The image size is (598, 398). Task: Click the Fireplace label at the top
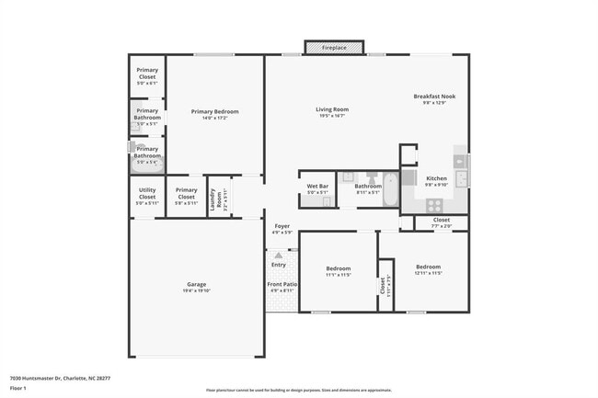[x=335, y=47]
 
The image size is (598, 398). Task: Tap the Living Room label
[x=333, y=109]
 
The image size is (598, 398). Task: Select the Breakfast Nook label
[x=434, y=97]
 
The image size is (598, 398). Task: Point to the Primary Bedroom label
[x=209, y=111]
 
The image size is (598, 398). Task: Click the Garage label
[x=196, y=284]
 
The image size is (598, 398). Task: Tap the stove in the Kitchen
[x=434, y=204]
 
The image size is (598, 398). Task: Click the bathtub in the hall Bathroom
[x=389, y=190]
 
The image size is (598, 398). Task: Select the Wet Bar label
[x=317, y=187]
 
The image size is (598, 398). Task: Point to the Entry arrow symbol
[x=278, y=254]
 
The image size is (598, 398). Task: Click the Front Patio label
[x=282, y=286]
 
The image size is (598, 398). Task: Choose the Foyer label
[x=282, y=226]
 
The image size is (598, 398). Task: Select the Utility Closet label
[x=147, y=194]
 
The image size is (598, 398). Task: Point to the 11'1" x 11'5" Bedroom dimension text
[x=338, y=275]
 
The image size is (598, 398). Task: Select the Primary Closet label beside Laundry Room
[x=186, y=194]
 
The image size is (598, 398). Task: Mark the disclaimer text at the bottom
[x=299, y=391]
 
